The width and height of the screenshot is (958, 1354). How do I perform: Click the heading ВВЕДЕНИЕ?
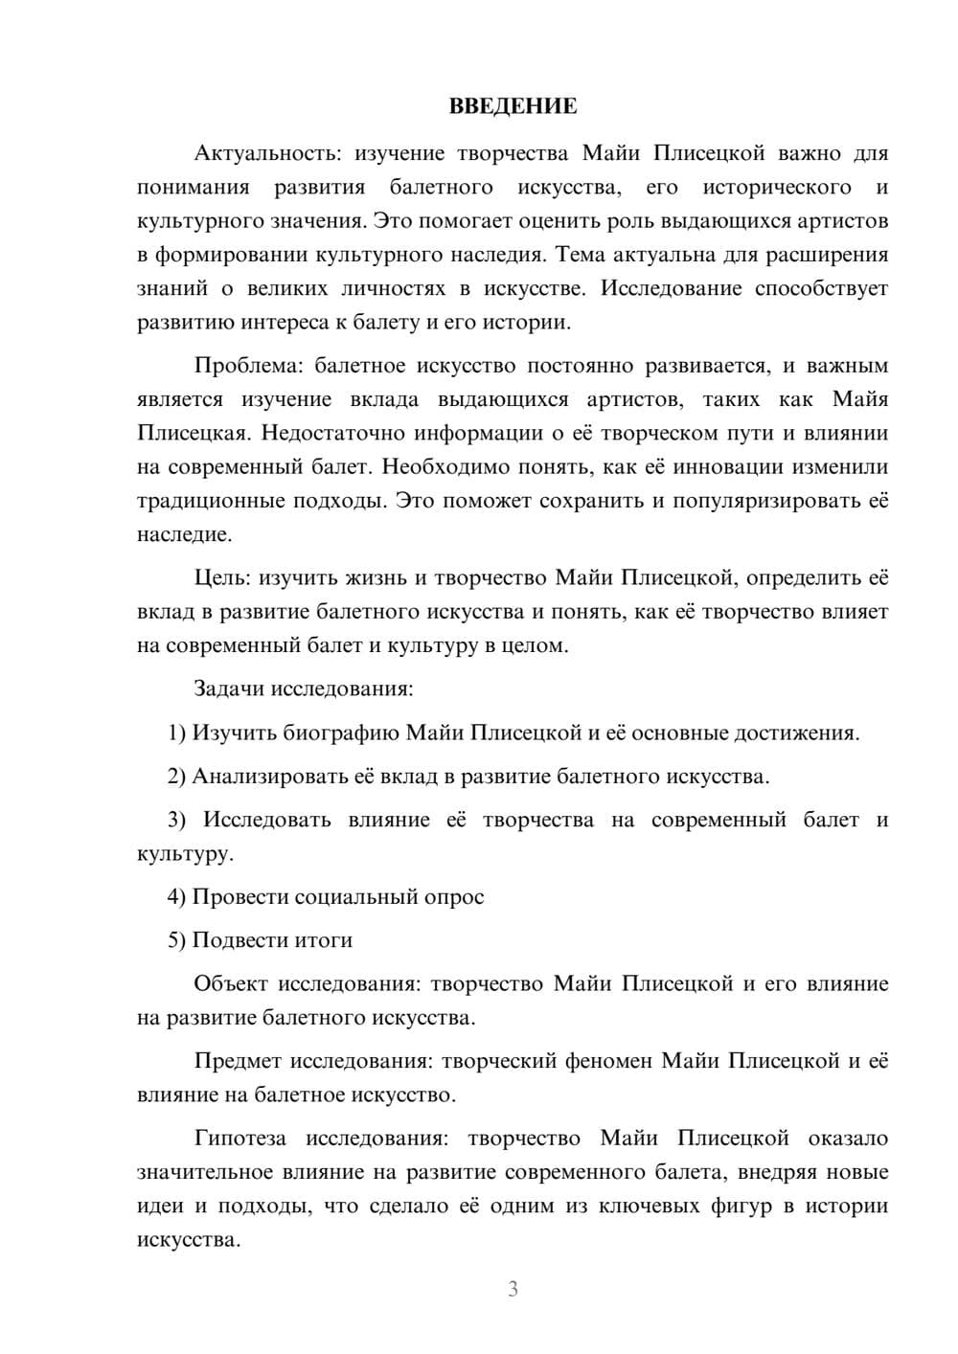coord(513,106)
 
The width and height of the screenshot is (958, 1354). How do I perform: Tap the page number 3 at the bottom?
coord(513,1289)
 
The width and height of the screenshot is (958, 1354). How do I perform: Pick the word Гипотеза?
coord(239,1139)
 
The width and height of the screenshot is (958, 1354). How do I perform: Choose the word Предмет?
coord(237,1061)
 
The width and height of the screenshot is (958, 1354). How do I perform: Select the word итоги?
coord(324,940)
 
